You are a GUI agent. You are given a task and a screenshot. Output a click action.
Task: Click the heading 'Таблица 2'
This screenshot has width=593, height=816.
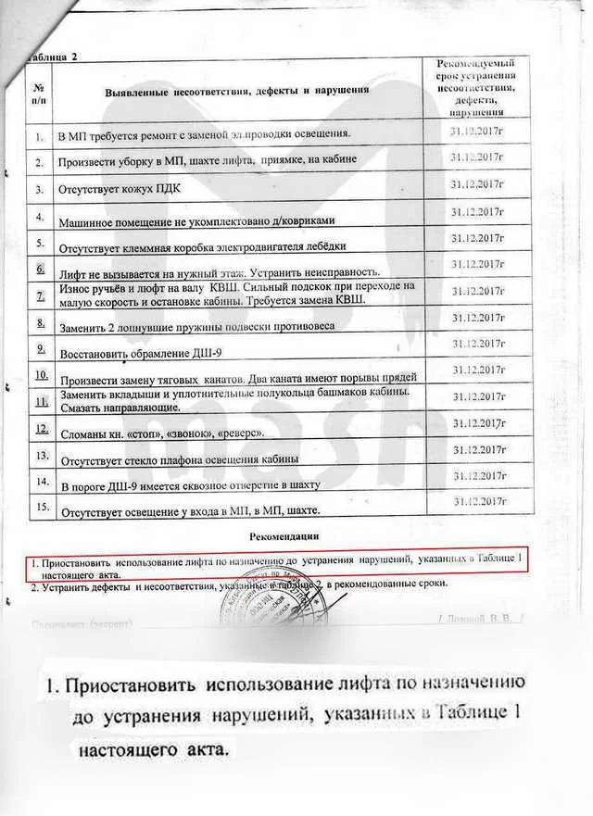54,56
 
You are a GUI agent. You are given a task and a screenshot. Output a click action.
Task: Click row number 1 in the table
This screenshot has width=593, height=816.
40,137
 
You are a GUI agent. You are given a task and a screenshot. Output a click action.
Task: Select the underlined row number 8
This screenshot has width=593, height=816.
41,323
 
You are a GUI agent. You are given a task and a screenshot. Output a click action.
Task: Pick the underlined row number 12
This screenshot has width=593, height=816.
41,429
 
